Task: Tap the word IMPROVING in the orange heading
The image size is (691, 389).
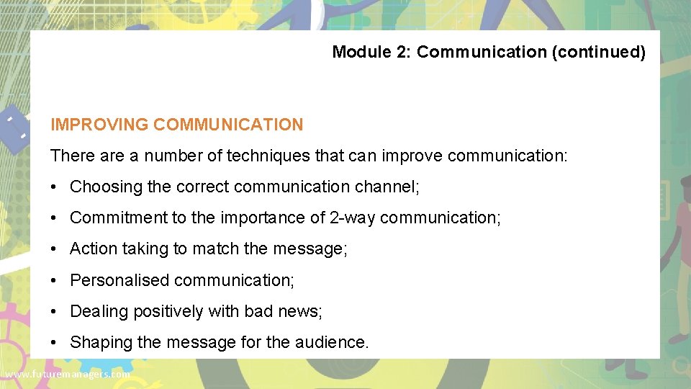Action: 99,125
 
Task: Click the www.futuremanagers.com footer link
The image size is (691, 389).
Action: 67,375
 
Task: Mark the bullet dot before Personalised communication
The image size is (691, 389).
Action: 55,280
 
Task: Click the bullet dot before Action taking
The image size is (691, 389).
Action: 55,249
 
